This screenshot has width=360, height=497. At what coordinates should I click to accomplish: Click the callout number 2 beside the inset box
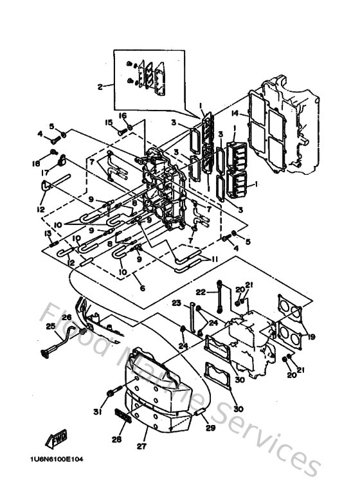pos(100,86)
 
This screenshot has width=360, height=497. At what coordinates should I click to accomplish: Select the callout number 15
pos(109,122)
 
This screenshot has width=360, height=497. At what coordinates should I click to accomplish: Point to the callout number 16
pos(123,116)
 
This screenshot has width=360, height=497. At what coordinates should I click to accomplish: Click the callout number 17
pos(46,172)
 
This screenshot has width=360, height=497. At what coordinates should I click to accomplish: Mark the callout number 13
pos(47,233)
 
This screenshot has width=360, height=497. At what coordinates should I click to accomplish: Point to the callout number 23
pos(176,303)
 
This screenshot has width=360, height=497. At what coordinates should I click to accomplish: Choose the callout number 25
pos(50,326)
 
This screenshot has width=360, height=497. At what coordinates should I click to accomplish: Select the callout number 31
pos(98,412)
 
